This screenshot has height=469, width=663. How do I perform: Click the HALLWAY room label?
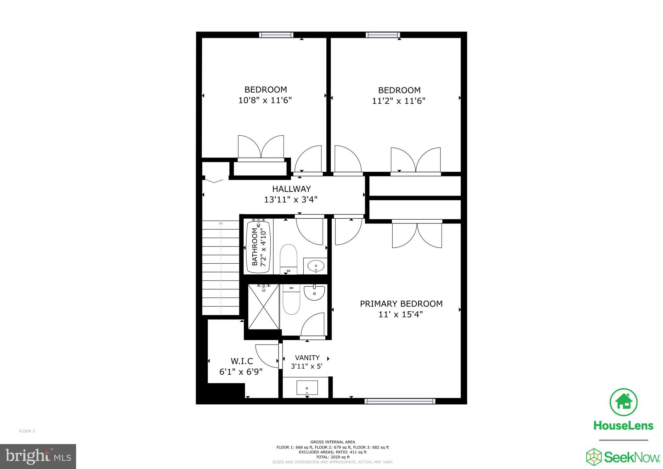(x=291, y=189)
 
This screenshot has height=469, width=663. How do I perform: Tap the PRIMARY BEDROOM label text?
(x=401, y=304)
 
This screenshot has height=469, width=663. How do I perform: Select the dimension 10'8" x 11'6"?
(x=265, y=100)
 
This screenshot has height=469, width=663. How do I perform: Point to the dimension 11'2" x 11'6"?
(x=399, y=101)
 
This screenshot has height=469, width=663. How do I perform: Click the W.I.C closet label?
(x=242, y=361)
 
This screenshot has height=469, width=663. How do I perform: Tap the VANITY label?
(x=307, y=358)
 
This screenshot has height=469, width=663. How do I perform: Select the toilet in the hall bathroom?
(x=288, y=259)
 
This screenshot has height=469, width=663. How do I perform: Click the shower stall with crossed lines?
(x=263, y=306)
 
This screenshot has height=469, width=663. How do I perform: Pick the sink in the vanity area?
(x=307, y=388)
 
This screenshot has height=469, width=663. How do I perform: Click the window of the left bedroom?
(x=276, y=35)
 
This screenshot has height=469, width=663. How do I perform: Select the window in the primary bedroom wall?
(x=399, y=401)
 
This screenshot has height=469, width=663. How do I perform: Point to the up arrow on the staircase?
(x=221, y=223)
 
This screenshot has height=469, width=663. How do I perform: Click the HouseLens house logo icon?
(x=623, y=402)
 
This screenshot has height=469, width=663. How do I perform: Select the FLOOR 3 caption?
(x=27, y=431)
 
